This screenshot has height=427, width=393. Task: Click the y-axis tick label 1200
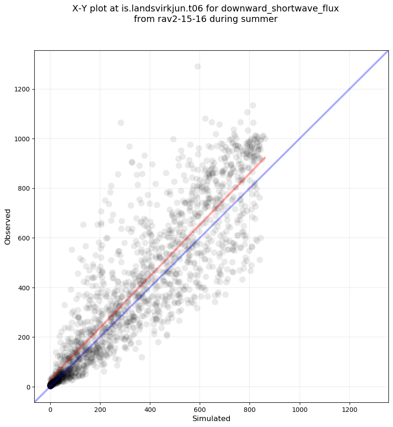(x=21, y=89)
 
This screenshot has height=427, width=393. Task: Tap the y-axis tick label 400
(x=23, y=288)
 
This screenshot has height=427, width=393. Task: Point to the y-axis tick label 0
(x=28, y=387)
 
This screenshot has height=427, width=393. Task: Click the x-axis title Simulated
(x=211, y=418)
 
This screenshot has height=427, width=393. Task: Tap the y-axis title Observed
(x=8, y=227)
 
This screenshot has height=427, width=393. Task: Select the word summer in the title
(x=260, y=19)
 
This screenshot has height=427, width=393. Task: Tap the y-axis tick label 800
(x=23, y=188)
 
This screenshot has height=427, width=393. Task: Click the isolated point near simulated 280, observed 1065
(x=121, y=123)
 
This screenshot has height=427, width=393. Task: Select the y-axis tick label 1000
(x=21, y=139)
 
